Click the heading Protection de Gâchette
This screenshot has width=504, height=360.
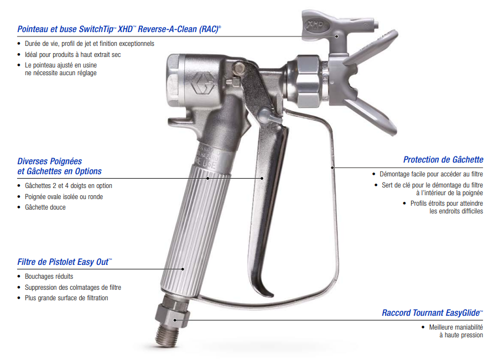(443, 160)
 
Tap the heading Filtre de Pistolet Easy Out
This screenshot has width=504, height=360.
(65, 262)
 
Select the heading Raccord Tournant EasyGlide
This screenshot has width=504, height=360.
(432, 313)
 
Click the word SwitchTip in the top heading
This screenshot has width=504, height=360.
(97, 29)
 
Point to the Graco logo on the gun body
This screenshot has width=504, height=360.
(202, 84)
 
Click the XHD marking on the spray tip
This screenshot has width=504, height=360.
(315, 25)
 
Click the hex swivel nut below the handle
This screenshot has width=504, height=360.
(172, 315)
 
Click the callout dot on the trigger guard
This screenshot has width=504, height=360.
(332, 168)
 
